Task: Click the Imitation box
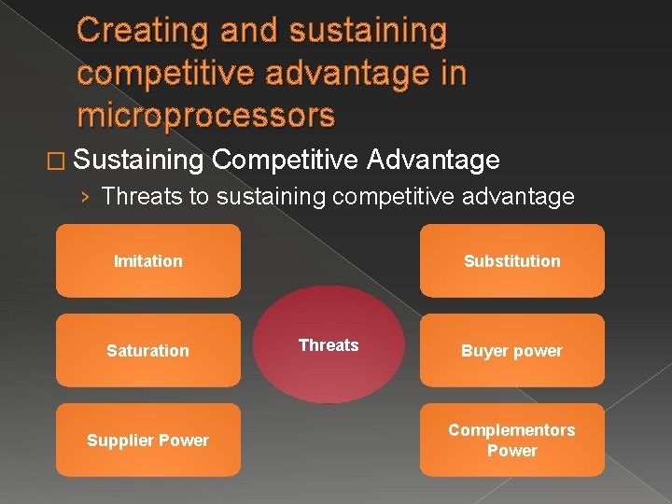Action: coord(147,260)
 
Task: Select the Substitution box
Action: coord(511,260)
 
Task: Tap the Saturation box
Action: coord(147,350)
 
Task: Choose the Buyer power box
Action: coord(511,350)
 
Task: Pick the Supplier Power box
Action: coord(147,440)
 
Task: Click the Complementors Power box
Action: coord(511,440)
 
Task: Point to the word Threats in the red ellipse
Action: coord(329,345)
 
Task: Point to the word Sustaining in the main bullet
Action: coord(137,161)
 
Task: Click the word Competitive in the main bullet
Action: coord(285,161)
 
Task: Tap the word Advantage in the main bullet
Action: coord(433,161)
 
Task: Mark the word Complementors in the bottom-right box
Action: coord(511,430)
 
